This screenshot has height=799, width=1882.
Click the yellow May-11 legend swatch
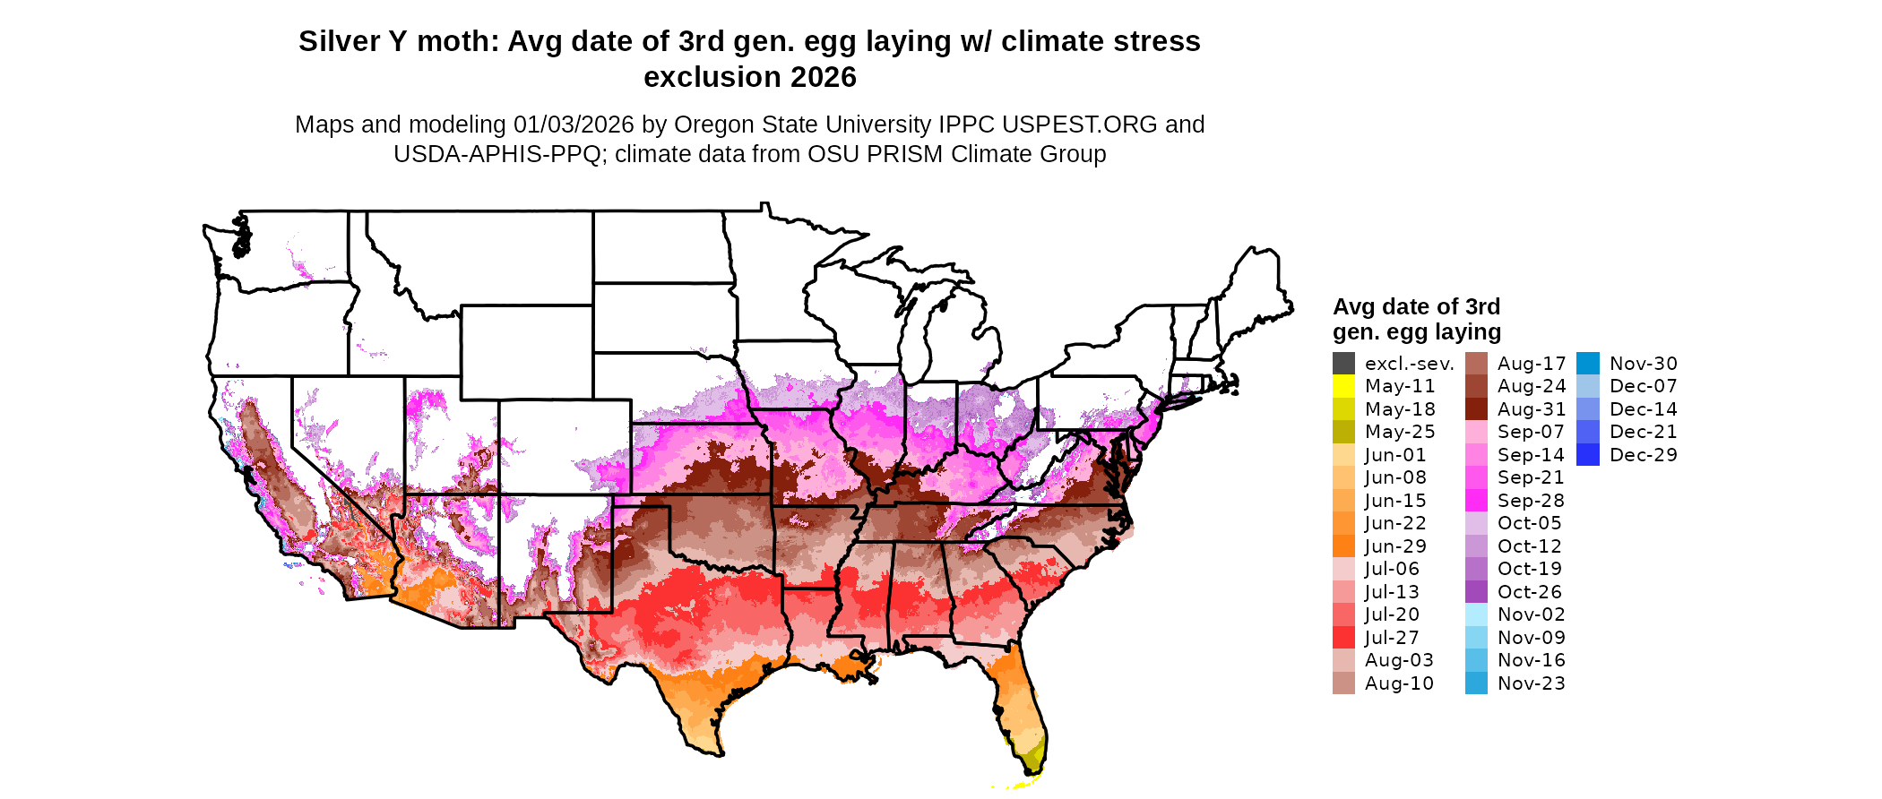(x=1343, y=386)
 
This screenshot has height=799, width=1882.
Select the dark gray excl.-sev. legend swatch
(x=1343, y=364)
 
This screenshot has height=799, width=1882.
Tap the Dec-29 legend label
(x=1643, y=455)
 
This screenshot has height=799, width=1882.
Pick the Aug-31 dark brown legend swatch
(x=1476, y=409)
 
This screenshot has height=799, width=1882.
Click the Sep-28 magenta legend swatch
(x=1476, y=501)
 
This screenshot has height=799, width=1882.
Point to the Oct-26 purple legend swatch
(x=1476, y=592)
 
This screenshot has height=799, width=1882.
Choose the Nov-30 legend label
(x=1643, y=364)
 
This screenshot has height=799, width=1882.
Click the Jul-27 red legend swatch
(x=1343, y=638)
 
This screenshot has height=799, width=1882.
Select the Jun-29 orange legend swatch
(x=1343, y=546)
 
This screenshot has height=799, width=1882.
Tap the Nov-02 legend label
(x=1531, y=614)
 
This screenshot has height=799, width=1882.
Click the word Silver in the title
(x=339, y=41)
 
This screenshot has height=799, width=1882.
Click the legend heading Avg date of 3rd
(x=1416, y=306)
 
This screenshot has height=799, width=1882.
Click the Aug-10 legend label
(x=1399, y=683)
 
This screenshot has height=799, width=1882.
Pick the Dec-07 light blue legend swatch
(x=1587, y=386)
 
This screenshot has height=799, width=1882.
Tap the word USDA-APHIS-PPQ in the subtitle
(x=496, y=154)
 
